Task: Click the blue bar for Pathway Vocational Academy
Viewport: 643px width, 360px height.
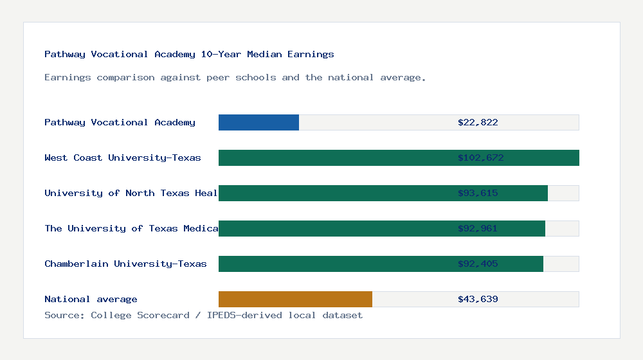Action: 258,122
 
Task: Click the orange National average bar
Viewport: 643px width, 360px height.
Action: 295,299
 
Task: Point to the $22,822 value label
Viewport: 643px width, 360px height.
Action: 478,122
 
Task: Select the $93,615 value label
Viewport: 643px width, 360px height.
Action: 478,193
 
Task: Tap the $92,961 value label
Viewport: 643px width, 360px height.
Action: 478,228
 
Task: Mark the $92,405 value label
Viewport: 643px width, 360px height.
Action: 478,264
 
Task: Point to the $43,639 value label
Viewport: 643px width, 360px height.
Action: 478,299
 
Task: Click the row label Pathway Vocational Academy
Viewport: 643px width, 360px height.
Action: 120,122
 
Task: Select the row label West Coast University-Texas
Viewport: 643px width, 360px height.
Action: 123,157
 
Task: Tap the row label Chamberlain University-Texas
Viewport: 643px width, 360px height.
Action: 125,264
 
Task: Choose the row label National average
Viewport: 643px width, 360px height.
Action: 91,299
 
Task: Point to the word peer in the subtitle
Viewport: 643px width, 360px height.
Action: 218,77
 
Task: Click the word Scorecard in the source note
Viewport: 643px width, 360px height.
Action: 163,315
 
